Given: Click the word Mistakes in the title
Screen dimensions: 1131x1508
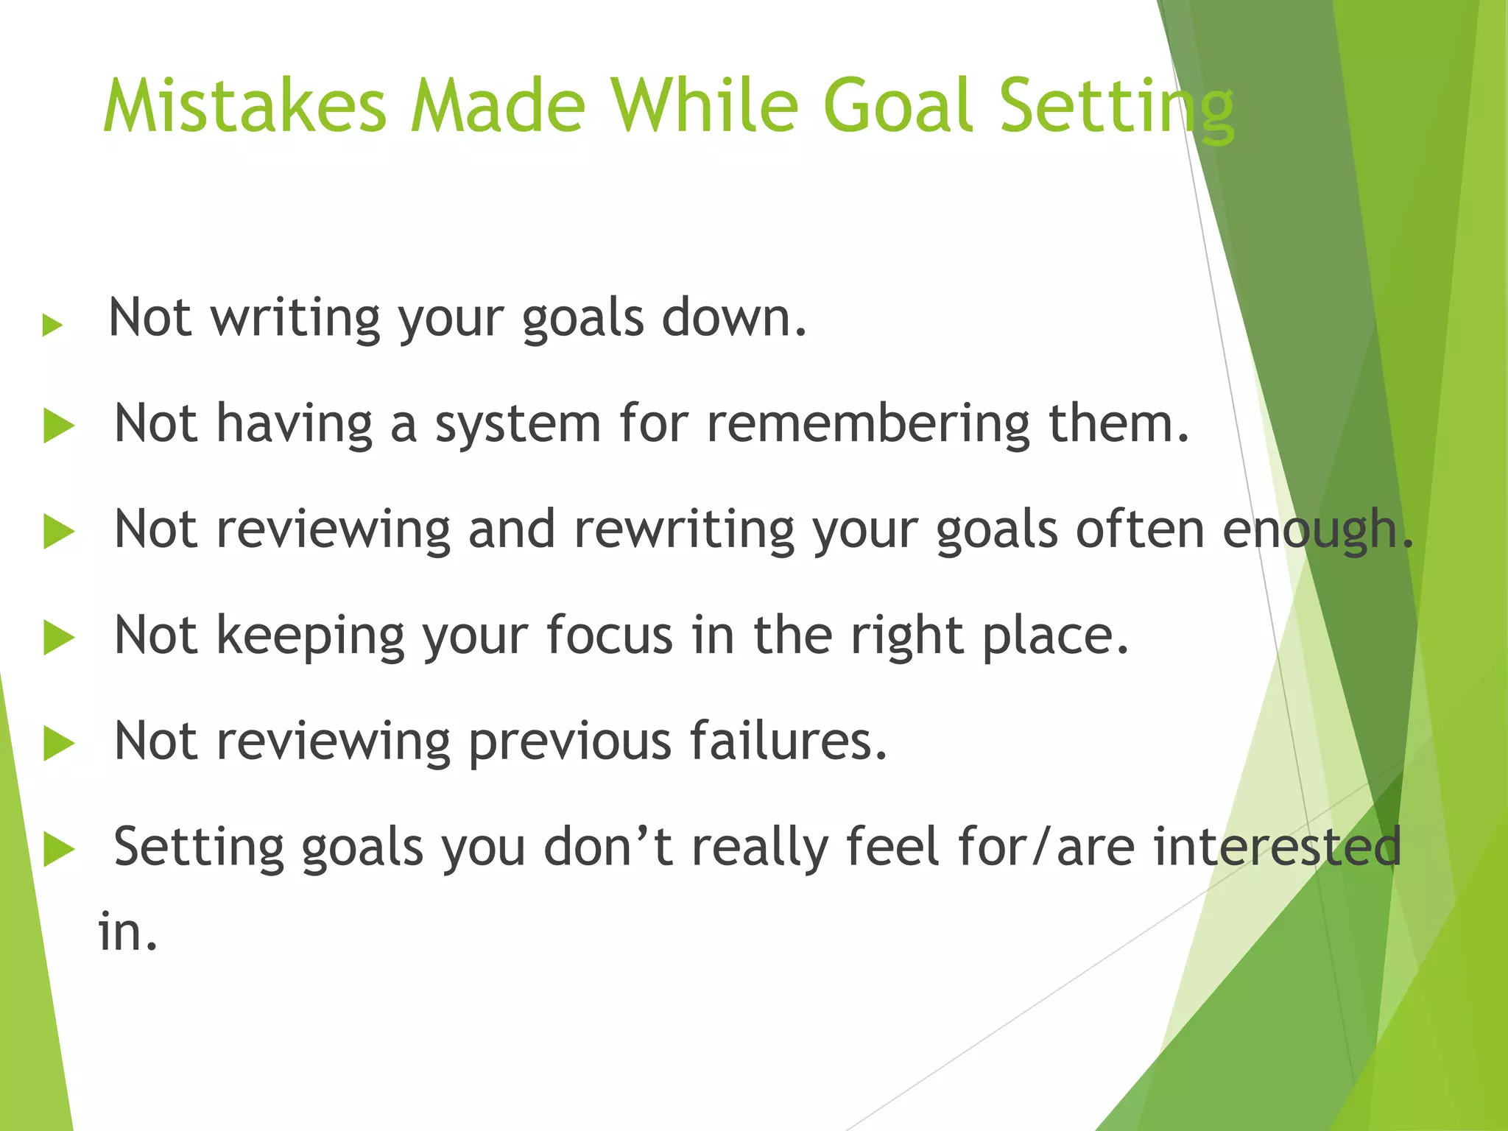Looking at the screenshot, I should coord(244,107).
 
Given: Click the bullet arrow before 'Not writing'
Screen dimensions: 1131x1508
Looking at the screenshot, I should coord(52,325).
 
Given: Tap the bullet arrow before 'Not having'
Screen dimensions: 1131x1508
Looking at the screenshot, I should coord(59,426).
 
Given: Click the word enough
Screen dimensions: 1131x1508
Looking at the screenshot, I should coord(1317,531).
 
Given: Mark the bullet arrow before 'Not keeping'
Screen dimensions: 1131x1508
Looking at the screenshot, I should coord(59,638).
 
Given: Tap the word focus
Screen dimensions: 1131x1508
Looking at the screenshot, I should coord(610,635).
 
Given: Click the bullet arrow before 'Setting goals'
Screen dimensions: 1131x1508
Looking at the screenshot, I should coord(59,850).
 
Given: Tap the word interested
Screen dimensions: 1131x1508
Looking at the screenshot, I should coord(1277,847).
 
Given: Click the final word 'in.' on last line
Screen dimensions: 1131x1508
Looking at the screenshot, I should coord(128,932).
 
